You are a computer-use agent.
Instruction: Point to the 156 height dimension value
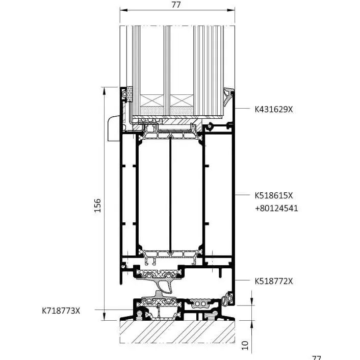click(x=98, y=205)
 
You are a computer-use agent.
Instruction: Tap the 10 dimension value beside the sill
click(x=245, y=345)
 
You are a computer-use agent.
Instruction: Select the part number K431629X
click(x=274, y=109)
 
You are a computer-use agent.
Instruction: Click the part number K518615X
click(x=274, y=195)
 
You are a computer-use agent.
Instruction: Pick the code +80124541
click(x=276, y=208)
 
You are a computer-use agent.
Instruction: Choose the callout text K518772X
click(x=274, y=281)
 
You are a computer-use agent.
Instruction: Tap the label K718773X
click(x=61, y=310)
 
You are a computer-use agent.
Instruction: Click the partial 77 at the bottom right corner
click(x=317, y=358)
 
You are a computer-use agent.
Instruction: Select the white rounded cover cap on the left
click(x=113, y=128)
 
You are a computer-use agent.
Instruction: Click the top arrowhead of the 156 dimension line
click(x=104, y=89)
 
